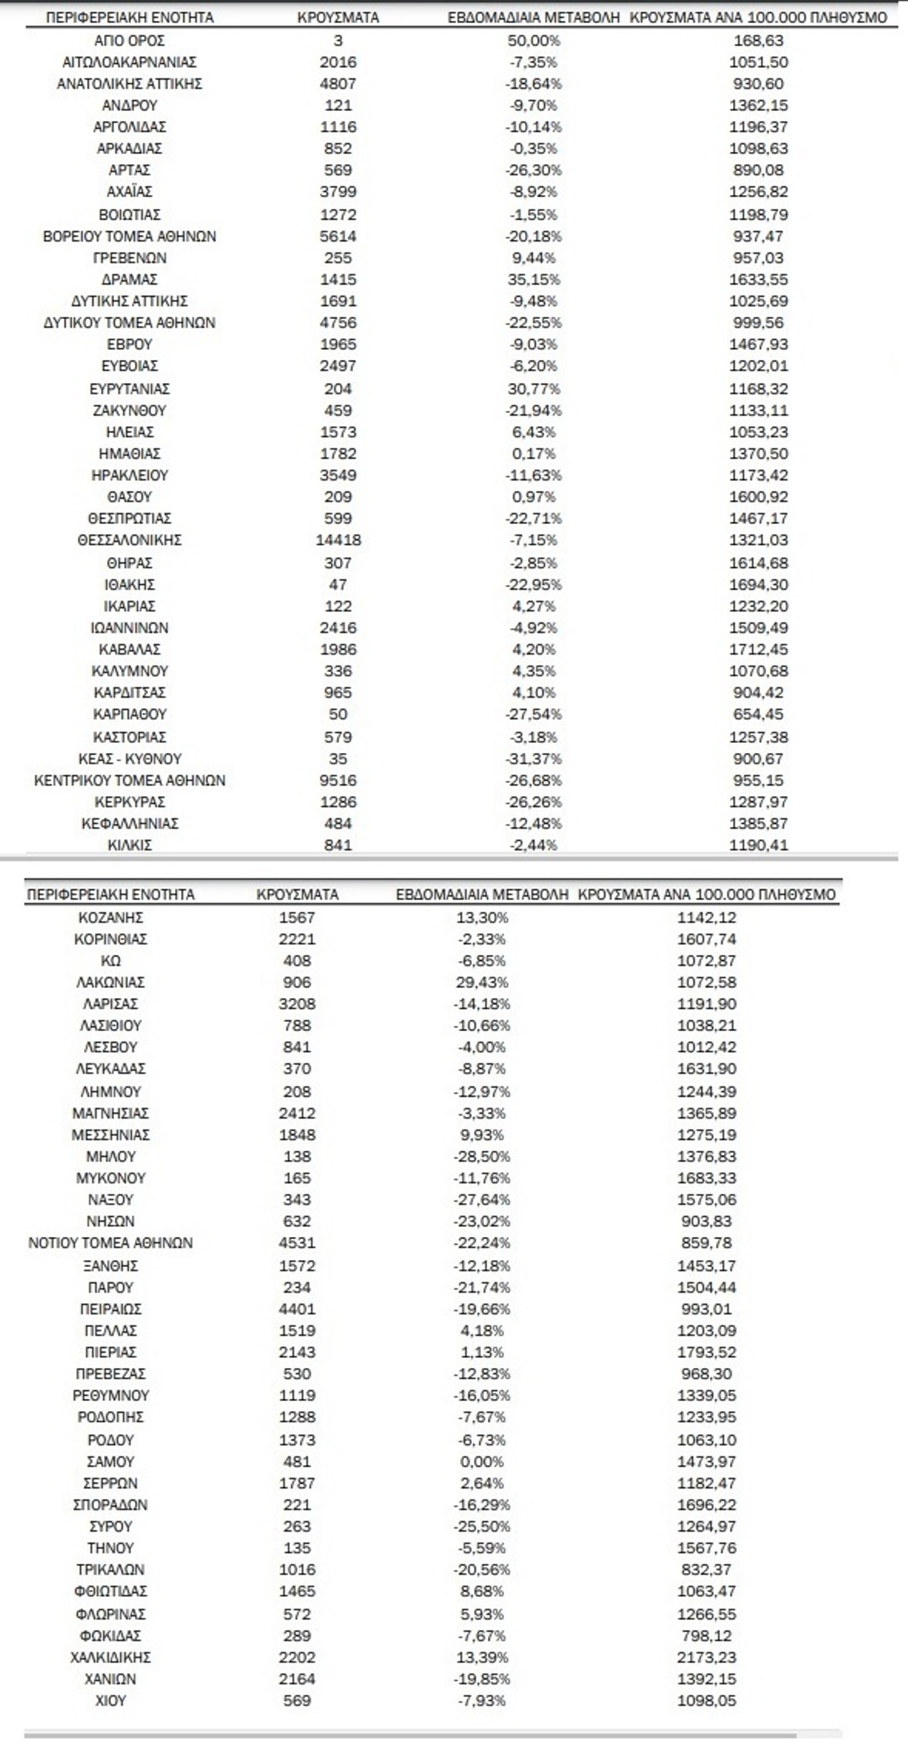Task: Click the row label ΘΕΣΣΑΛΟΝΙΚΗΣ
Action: pyautogui.click(x=130, y=540)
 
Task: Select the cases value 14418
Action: pyautogui.click(x=338, y=540)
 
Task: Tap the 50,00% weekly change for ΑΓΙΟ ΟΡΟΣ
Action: pyautogui.click(x=533, y=41)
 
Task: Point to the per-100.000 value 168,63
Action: pyautogui.click(x=758, y=41)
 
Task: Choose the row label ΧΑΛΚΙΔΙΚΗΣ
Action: pyautogui.click(x=110, y=1657)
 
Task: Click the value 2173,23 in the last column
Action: pyautogui.click(x=706, y=1657)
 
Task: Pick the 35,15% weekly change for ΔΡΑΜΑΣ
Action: pyautogui.click(x=533, y=279)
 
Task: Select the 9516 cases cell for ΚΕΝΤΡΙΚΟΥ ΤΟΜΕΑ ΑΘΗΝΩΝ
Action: pyautogui.click(x=338, y=780)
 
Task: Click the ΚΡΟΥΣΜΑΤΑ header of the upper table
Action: pyautogui.click(x=338, y=17)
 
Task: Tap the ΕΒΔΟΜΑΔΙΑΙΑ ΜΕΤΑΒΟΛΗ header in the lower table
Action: pyautogui.click(x=482, y=894)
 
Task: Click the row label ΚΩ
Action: pyautogui.click(x=110, y=960)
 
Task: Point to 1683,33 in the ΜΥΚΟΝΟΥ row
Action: pyautogui.click(x=706, y=1178)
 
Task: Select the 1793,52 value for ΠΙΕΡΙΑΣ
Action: pyautogui.click(x=706, y=1352)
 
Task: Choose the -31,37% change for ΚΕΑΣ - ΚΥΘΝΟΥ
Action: pyautogui.click(x=533, y=759)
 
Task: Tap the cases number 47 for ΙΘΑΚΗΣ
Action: pyautogui.click(x=338, y=584)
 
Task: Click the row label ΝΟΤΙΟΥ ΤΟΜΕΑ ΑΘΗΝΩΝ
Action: pyautogui.click(x=110, y=1243)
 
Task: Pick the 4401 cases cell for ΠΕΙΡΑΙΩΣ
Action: pyautogui.click(x=297, y=1309)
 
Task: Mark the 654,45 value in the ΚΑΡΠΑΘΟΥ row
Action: pyautogui.click(x=758, y=714)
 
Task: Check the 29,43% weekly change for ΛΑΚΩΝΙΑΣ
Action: pyautogui.click(x=481, y=982)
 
